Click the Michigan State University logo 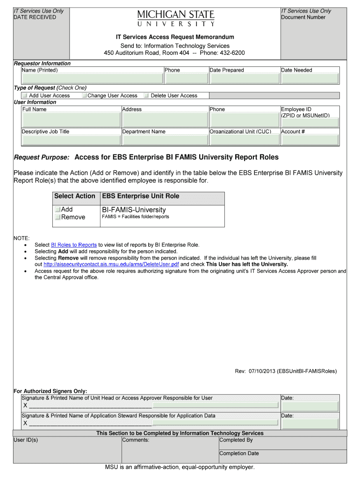[176, 18]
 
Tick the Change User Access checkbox [85, 95]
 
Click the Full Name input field [71, 120]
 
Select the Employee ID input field [310, 123]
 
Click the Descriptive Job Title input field [71, 140]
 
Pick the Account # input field [310, 140]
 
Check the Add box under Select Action [58, 210]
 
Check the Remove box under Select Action [58, 217]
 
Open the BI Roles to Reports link [73, 245]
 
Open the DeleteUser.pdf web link [111, 264]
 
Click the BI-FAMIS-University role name [134, 210]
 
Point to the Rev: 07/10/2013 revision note [285, 371]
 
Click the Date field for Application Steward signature [310, 423]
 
